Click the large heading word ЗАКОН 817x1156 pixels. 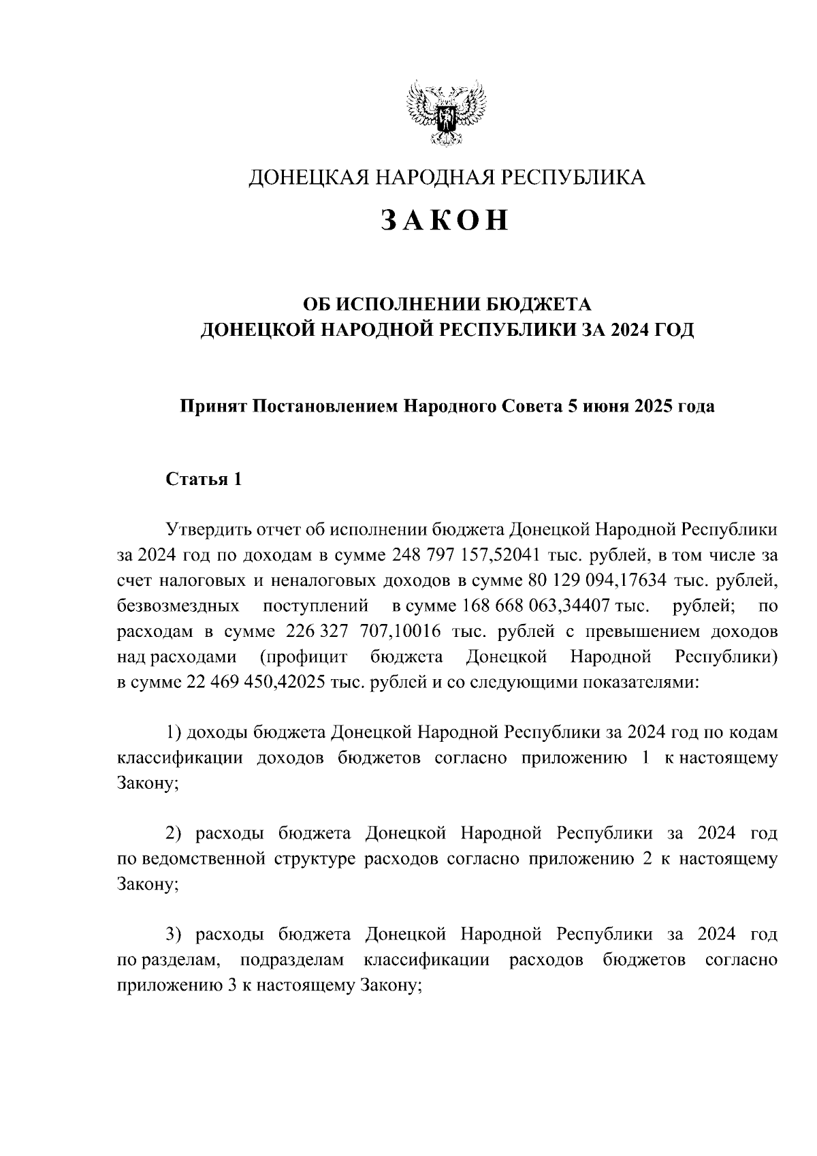[x=445, y=219]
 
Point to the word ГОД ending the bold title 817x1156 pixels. [x=671, y=330]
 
